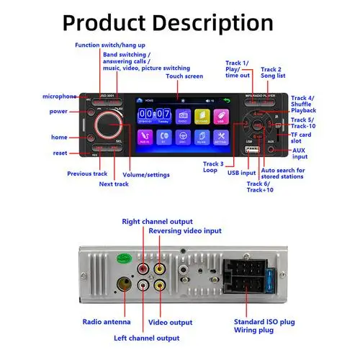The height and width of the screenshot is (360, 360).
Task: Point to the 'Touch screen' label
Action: tap(184, 76)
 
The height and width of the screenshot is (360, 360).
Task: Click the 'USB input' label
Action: tap(241, 173)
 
